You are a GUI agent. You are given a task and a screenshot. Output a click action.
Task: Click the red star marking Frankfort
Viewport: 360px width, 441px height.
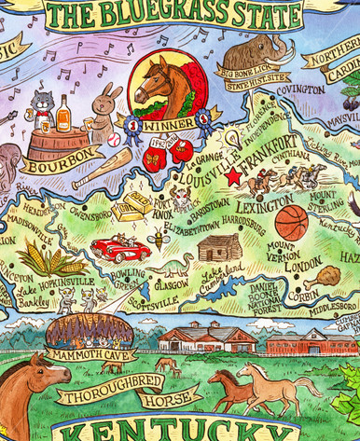click(232, 175)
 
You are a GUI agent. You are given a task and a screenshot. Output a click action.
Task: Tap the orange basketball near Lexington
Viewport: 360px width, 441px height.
click(291, 223)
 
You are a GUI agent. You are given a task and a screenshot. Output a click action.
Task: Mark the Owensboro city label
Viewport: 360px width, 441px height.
click(90, 214)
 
